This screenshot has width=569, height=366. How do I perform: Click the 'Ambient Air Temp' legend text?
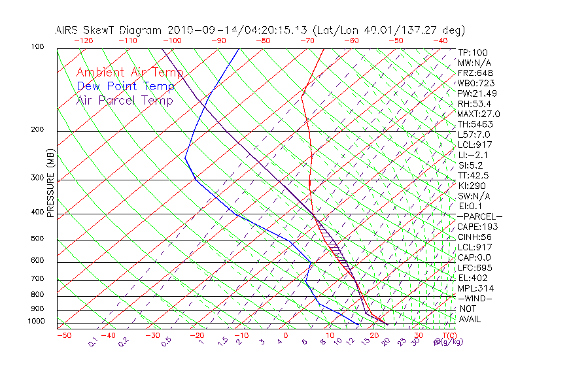click(129, 73)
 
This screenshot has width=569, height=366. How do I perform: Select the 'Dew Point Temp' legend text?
click(126, 86)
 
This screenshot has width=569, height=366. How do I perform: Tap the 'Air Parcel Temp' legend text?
click(124, 100)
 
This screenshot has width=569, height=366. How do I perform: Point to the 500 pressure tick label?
click(38, 239)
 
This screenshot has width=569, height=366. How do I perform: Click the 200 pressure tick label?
click(38, 129)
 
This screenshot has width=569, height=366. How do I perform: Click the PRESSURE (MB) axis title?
click(50, 182)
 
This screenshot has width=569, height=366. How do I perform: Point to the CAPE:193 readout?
click(477, 227)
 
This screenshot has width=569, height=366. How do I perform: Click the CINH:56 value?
click(475, 237)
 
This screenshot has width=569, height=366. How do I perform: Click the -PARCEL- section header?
click(479, 216)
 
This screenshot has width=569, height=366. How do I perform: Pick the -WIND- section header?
click(475, 298)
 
